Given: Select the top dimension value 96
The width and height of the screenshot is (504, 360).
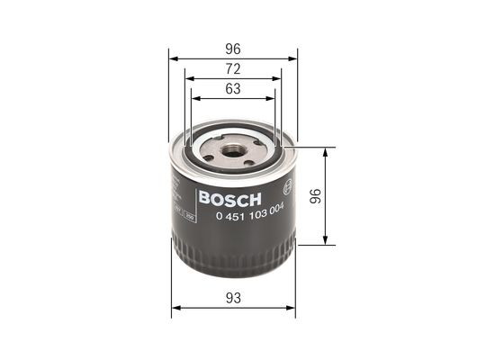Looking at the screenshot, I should point(234,50).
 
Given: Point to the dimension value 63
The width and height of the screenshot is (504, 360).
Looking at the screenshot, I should point(234,89).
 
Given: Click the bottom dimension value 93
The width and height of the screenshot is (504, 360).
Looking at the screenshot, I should point(234,298).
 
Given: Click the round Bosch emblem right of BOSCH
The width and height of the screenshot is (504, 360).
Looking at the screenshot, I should point(286,189).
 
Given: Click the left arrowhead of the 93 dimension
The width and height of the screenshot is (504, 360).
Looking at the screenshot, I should point(174,308).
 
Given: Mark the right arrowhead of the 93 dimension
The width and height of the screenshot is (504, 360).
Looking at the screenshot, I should point(293,308).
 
